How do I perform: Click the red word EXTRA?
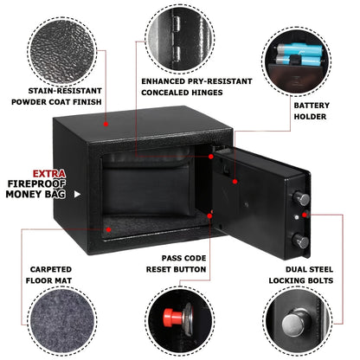(x=48, y=174)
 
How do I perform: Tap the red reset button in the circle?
(x=172, y=316)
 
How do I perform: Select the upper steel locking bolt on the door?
(x=301, y=198)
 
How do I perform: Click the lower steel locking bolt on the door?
(x=301, y=241)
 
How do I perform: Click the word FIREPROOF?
(x=36, y=183)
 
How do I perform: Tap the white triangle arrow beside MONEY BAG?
(x=77, y=195)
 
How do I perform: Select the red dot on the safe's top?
(x=106, y=124)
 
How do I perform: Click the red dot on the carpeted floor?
(x=108, y=229)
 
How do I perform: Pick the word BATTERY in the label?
(x=312, y=106)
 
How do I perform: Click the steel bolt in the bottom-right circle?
(x=295, y=322)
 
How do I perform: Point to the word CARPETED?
(x=51, y=269)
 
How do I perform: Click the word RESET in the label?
(x=160, y=269)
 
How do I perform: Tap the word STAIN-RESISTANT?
(x=65, y=91)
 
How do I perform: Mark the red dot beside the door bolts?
(x=305, y=215)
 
